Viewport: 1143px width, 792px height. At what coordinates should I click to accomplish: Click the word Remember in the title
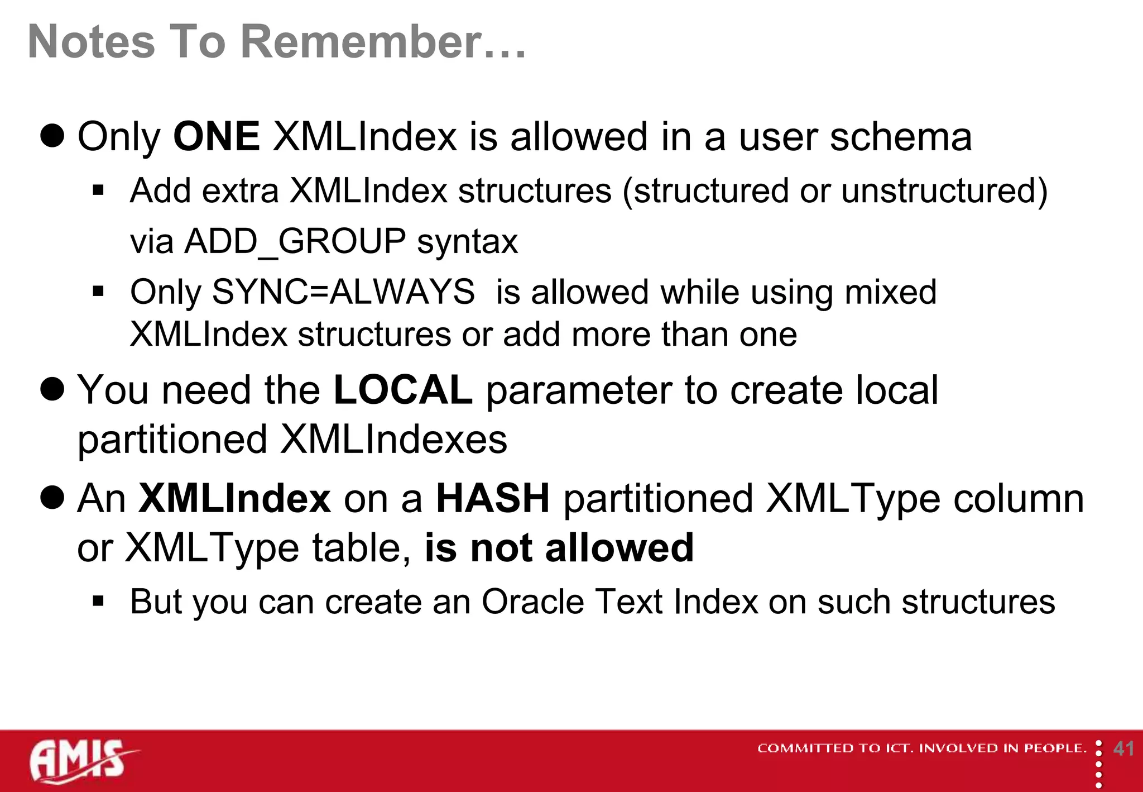[x=362, y=42]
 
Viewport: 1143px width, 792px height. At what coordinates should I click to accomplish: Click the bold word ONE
[x=217, y=137]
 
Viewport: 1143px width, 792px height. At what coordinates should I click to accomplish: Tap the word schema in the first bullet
[x=901, y=137]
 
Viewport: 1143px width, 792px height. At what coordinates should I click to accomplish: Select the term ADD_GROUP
[x=295, y=241]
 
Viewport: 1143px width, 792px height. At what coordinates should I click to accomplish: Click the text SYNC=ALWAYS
[x=343, y=292]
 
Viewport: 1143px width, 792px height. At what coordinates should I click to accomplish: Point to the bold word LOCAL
[x=402, y=390]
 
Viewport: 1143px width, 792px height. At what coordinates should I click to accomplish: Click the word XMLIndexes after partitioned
[x=393, y=440]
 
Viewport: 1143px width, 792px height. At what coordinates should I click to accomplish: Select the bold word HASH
[x=493, y=498]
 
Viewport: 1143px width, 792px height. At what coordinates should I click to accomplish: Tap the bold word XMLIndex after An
[x=234, y=498]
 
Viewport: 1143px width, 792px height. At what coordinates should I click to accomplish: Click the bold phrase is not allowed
[x=559, y=548]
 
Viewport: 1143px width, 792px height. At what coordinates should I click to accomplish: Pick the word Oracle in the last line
[x=532, y=602]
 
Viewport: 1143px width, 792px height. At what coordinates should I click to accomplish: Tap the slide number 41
[x=1123, y=748]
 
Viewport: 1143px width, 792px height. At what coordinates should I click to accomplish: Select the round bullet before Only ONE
[x=52, y=136]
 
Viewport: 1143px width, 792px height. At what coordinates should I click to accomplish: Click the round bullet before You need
[x=52, y=389]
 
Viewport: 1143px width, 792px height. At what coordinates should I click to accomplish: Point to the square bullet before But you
[x=99, y=602]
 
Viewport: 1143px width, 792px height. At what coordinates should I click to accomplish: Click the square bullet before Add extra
[x=99, y=191]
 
